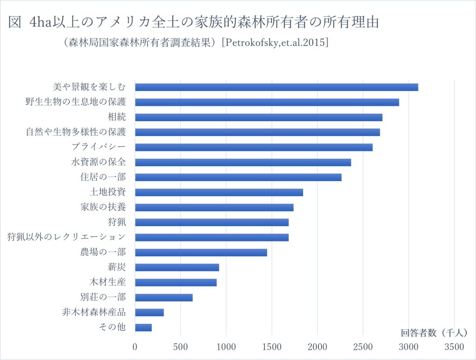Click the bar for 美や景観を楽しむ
click(x=277, y=87)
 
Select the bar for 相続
click(x=258, y=118)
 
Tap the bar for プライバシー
click(x=254, y=147)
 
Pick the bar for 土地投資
click(x=219, y=192)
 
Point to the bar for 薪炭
click(x=177, y=268)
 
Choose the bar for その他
click(x=143, y=327)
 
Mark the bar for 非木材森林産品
click(x=149, y=312)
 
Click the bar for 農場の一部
click(x=201, y=252)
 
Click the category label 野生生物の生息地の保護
click(x=76, y=102)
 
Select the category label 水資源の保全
click(x=99, y=162)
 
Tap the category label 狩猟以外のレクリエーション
click(x=66, y=237)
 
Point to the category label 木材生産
click(x=108, y=282)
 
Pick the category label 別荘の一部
click(x=103, y=297)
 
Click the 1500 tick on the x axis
click(x=271, y=347)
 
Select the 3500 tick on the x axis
click(x=454, y=347)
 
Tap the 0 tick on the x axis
click(x=135, y=347)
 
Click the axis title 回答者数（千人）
click(x=434, y=333)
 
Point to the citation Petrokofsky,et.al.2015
click(x=275, y=42)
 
